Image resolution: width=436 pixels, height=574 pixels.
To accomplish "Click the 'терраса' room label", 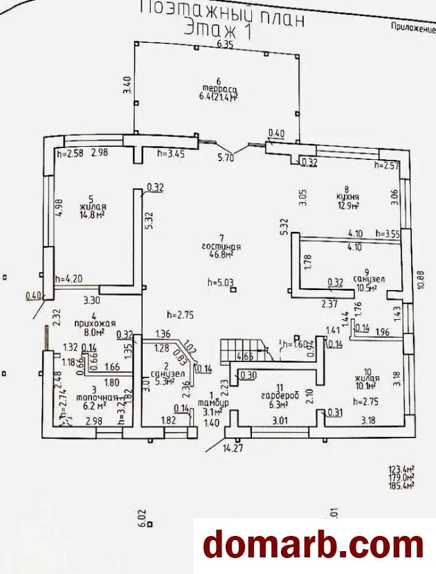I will point(220,89).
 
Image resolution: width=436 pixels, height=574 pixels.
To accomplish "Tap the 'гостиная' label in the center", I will point(221,246).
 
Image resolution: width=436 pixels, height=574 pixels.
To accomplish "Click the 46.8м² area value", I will point(221,255).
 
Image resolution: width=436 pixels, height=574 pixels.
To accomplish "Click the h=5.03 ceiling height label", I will point(221,282).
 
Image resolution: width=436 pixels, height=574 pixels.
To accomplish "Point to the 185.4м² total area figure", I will point(401,487).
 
